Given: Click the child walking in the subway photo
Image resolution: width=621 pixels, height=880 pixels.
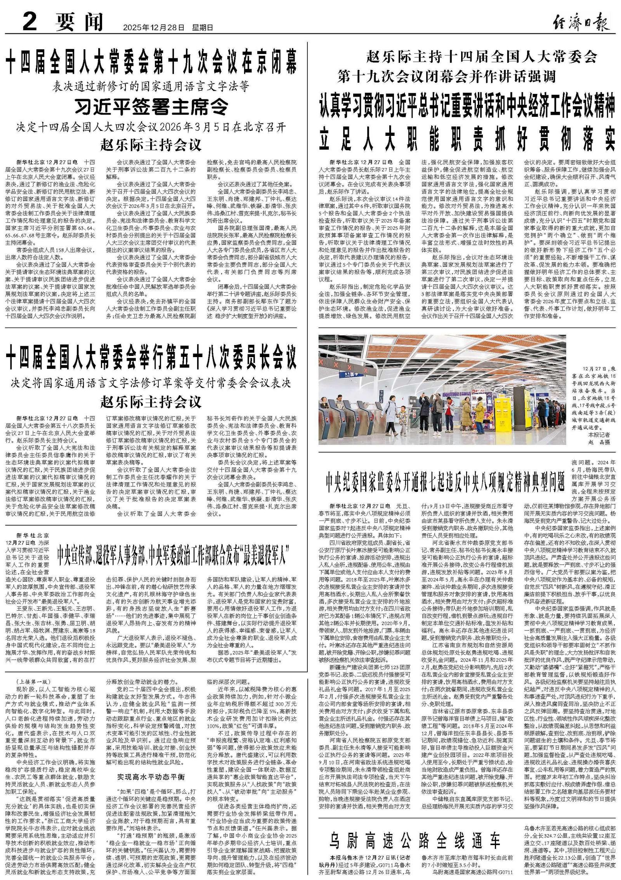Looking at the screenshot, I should (x=403, y=418).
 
